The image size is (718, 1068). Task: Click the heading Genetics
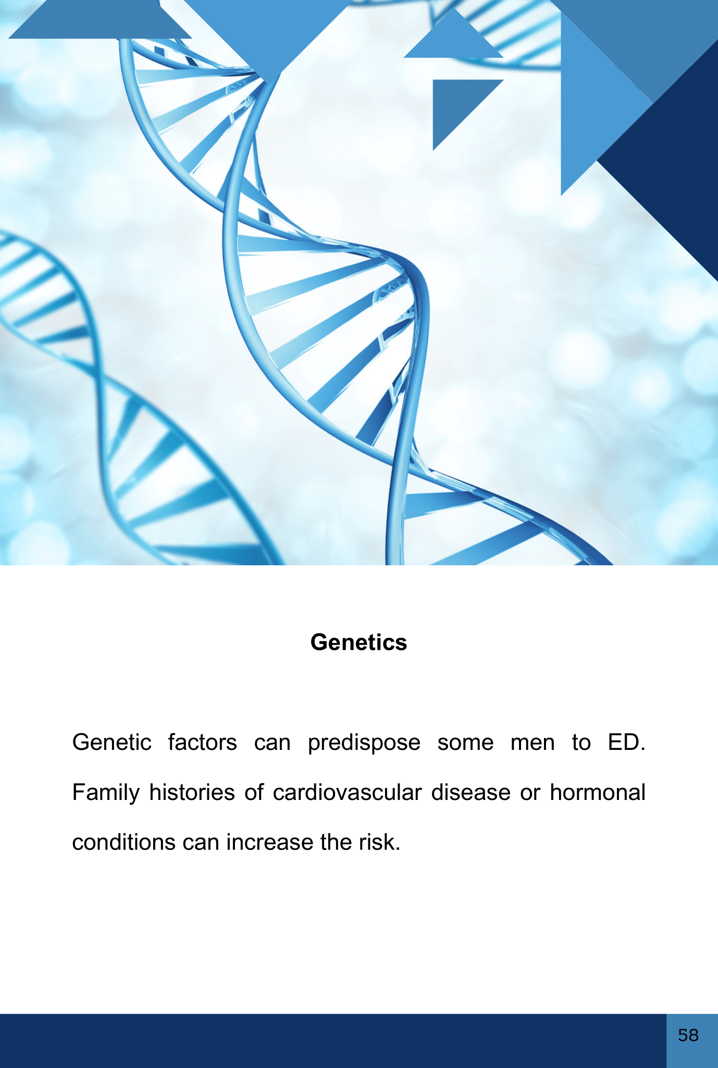point(358,642)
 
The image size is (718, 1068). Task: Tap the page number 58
point(688,1035)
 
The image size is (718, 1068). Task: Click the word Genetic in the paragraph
point(112,742)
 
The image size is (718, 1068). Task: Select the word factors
point(202,742)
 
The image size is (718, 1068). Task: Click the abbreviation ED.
point(626,742)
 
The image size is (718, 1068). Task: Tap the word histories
point(192,792)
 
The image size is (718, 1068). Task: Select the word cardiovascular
point(347,792)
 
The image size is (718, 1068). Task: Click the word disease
point(471,792)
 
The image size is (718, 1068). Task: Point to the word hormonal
point(597,792)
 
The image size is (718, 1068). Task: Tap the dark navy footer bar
point(333,1041)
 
